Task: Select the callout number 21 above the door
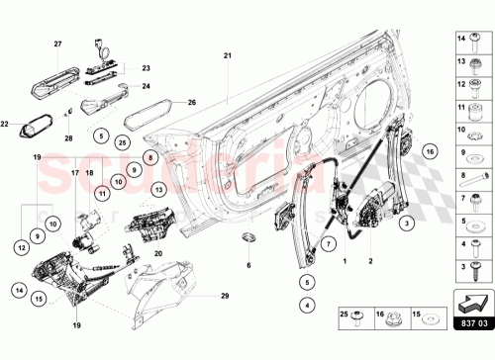[x=227, y=57]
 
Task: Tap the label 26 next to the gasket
[x=192, y=101]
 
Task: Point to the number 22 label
[x=6, y=124]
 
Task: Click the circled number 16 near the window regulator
[x=430, y=151]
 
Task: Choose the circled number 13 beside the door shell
[x=159, y=188]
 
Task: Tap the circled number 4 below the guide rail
[x=308, y=305]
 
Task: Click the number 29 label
[x=225, y=296]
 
